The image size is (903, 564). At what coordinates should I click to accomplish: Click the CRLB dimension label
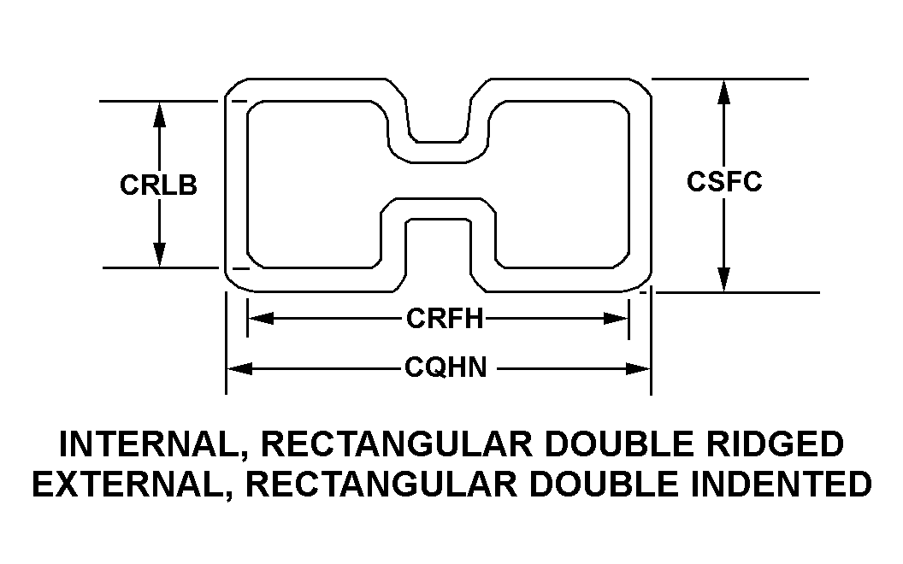pos(158,185)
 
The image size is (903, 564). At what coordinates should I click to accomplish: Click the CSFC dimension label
pos(724,181)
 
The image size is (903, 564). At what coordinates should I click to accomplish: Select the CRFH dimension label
pos(445,318)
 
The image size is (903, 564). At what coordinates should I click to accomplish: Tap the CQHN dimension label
pos(446,367)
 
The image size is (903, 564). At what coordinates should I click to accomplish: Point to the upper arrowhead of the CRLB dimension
pos(160,115)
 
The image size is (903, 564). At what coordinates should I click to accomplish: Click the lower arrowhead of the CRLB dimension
pos(160,255)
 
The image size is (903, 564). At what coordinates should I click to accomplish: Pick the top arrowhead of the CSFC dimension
pos(724,92)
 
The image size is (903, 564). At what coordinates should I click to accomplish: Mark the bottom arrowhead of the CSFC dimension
pos(724,279)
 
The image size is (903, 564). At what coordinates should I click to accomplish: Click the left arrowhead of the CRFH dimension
pos(261,318)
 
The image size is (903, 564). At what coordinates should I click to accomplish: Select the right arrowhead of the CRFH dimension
pos(615,318)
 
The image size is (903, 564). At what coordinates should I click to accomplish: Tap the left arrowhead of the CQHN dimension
pos(239,368)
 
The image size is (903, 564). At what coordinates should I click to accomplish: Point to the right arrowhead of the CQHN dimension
pos(638,368)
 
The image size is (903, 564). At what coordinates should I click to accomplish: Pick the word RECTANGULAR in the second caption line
pos(381,484)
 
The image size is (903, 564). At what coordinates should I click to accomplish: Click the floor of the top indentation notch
pos(438,142)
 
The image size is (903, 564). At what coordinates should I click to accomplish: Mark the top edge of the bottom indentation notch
pos(438,220)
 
